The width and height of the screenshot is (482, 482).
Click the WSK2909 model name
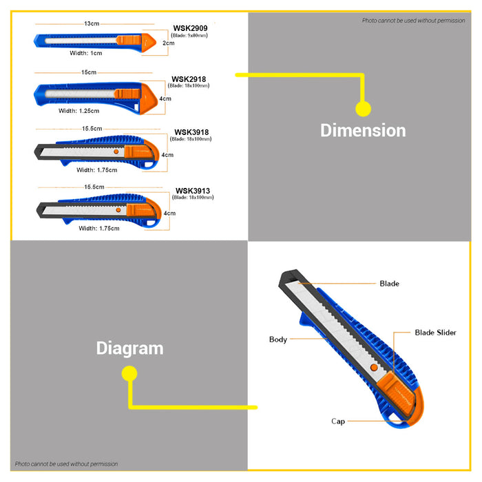190,28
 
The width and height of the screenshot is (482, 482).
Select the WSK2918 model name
189,79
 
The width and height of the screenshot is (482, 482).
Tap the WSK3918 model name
191,132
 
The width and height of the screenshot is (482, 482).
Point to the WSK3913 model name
193,191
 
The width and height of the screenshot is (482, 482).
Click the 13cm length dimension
92,23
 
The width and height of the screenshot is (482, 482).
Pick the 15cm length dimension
89,72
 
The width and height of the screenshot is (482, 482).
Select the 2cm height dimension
169,43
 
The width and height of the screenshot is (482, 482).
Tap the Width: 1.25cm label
79,111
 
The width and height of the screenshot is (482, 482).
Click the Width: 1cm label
86,53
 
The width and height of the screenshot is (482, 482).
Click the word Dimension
363,130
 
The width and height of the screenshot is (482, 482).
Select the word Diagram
129,349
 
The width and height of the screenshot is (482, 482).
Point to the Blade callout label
390,284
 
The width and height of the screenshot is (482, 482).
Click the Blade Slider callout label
436,333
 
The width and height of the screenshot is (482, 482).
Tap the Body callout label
278,339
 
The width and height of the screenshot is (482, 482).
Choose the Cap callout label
338,421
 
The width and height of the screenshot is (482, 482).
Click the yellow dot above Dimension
363,109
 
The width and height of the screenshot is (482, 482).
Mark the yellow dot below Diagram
129,373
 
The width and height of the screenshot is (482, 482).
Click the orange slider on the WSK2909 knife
129,40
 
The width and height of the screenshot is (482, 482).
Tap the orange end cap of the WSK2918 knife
149,98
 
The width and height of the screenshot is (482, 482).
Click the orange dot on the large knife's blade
374,367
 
